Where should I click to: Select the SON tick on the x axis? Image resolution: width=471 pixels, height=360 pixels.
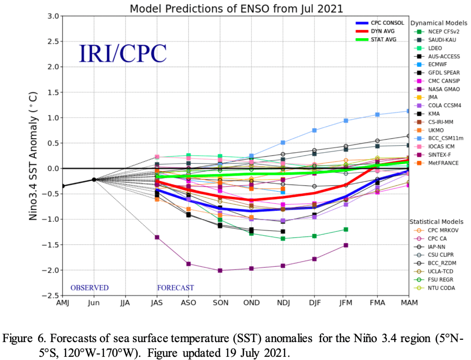[x=220, y=303]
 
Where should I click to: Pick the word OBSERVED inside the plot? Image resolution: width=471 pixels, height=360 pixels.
[x=89, y=288]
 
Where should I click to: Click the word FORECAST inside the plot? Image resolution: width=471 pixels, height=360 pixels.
[x=175, y=288]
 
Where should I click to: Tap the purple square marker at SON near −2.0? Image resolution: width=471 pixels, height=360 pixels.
[x=220, y=270]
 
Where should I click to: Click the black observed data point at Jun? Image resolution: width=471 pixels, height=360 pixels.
[x=94, y=179]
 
